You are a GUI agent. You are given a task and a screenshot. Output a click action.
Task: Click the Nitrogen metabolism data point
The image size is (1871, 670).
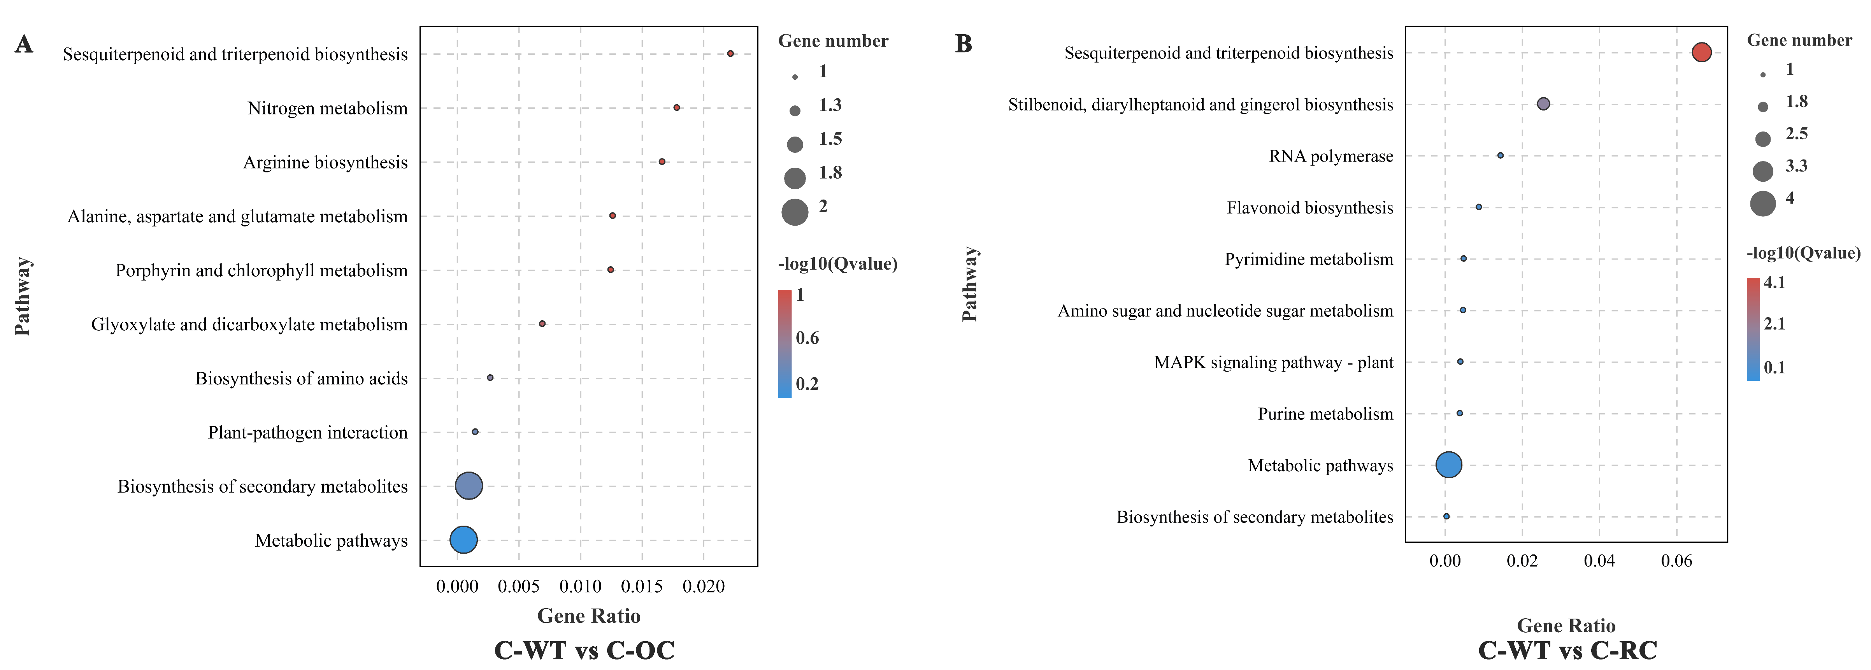coord(676,107)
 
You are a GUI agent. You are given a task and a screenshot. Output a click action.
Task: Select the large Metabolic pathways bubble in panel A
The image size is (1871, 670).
coord(463,539)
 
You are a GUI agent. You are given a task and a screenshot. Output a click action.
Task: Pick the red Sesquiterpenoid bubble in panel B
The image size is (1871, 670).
coord(1701,52)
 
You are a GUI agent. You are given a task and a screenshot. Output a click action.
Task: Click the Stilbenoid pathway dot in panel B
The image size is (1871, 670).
coord(1543,104)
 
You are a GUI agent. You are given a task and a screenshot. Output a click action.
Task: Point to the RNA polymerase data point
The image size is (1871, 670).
coord(1500,155)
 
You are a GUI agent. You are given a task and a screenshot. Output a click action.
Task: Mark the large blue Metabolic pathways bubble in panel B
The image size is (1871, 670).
coord(1448,465)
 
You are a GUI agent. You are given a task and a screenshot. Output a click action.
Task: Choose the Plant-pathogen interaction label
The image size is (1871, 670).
coord(307,433)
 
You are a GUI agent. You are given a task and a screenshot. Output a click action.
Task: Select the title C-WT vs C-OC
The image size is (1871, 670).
coord(584,650)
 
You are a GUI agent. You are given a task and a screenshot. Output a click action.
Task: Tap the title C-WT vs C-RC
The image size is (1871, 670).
coord(1567,650)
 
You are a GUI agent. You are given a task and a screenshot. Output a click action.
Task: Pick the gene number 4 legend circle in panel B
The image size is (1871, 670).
coord(1763,203)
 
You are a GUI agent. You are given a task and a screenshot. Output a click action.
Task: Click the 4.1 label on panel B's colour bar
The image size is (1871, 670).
coord(1774,282)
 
